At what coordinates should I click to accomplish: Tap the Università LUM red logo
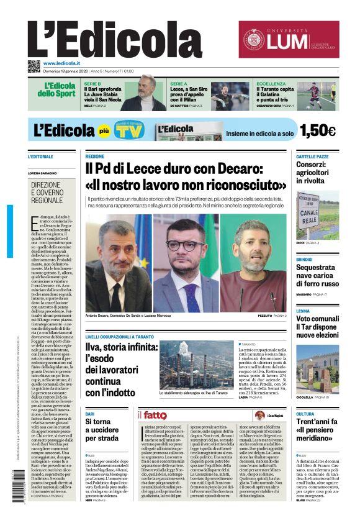[289, 39]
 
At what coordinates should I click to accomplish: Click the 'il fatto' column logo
[153, 415]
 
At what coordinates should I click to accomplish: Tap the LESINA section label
[303, 311]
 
